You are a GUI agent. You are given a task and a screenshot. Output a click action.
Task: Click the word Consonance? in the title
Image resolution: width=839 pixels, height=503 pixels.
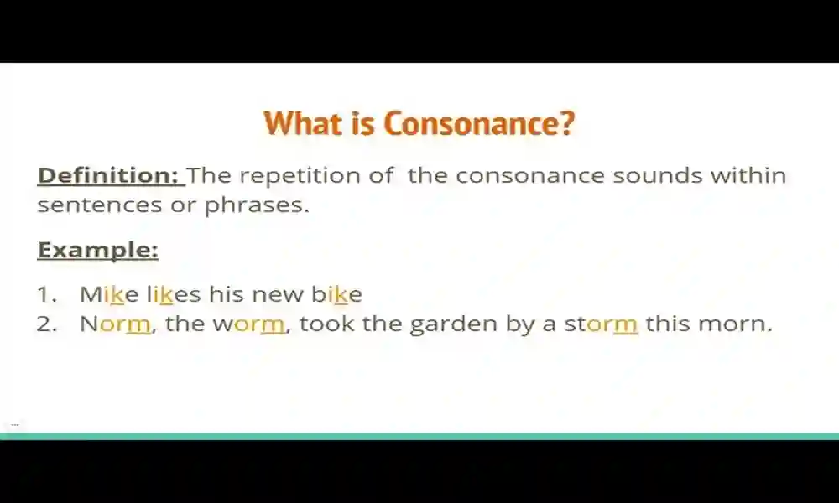tap(480, 123)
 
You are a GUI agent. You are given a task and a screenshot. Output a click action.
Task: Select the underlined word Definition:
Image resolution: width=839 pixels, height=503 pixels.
tap(108, 176)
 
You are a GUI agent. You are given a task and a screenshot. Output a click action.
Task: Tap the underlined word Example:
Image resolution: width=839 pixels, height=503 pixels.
tap(98, 250)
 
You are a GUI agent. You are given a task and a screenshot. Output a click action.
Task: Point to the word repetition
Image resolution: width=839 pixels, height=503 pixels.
tap(324, 176)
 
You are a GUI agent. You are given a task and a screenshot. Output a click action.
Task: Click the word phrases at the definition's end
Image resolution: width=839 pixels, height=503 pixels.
tap(257, 205)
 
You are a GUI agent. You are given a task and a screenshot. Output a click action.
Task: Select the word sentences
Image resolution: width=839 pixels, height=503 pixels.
tap(100, 205)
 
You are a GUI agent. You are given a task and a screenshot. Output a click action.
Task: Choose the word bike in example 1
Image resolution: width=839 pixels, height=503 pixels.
tap(336, 294)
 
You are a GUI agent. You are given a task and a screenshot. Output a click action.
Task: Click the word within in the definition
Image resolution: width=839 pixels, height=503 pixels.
tap(748, 176)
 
